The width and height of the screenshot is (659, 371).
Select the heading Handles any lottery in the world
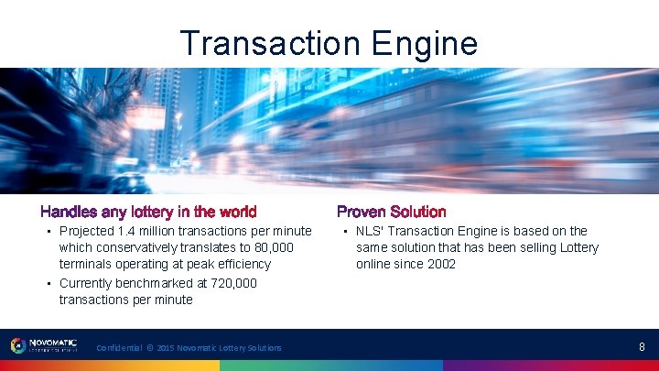click(x=148, y=213)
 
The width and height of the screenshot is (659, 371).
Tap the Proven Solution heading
click(x=392, y=213)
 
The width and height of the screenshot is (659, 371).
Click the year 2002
click(x=440, y=264)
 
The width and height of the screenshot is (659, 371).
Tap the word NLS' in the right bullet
click(x=370, y=231)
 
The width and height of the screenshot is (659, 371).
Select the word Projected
click(x=86, y=231)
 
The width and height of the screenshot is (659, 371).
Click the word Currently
click(x=88, y=283)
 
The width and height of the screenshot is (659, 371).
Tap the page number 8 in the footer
click(x=642, y=347)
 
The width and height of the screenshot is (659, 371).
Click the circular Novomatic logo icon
click(x=17, y=346)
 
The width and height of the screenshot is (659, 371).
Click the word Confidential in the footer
click(x=118, y=348)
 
